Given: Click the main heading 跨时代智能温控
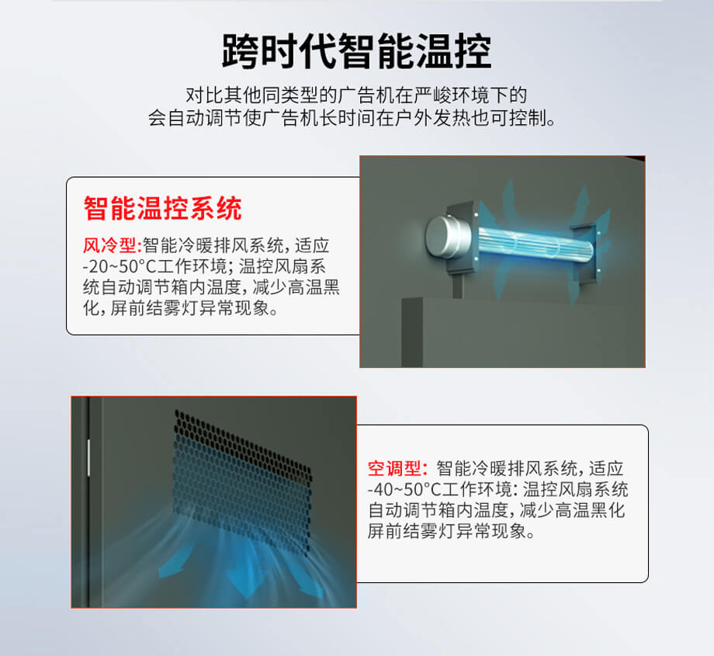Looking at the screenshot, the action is (356, 51).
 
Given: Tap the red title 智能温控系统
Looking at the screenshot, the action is (162, 209).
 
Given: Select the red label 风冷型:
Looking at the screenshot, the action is (112, 245).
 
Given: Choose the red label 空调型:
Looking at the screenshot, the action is (398, 468).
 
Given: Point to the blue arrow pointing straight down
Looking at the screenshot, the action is (246, 578).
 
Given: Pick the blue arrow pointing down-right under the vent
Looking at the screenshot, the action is (309, 581).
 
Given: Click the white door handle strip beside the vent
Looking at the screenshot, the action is (88, 458).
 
